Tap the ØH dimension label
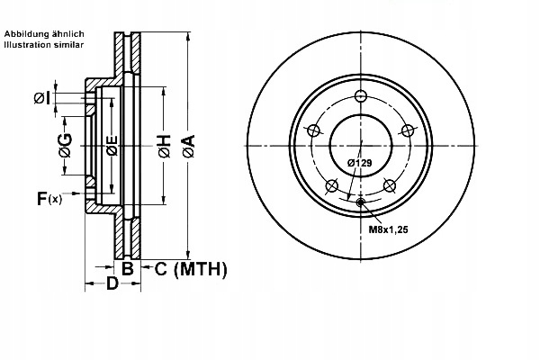[165, 147]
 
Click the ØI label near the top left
[40, 97]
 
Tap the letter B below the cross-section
[128, 267]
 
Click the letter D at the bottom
[112, 284]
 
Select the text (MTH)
[200, 268]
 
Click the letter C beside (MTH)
[159, 268]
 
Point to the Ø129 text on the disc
[360, 163]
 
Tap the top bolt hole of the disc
[361, 97]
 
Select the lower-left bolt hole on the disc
[331, 186]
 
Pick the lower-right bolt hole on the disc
[390, 185]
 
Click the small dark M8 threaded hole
[361, 202]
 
